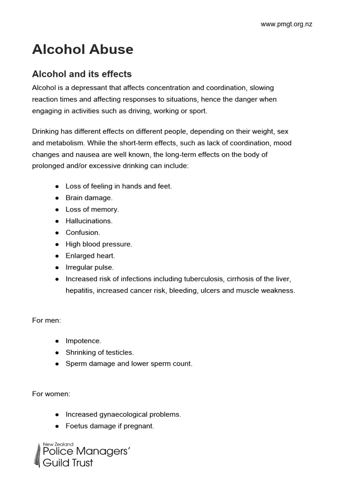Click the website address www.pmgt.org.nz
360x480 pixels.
286,25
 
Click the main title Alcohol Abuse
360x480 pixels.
82,50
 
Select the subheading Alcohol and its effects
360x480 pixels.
82,74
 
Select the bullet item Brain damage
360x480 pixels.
89,198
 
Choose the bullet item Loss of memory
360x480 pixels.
92,210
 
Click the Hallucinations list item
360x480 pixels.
89,221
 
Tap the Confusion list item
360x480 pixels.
83,232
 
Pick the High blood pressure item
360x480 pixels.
99,244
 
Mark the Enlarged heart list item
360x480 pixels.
90,255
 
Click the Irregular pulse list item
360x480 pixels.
90,267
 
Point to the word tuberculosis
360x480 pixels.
200,279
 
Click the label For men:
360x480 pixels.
46,320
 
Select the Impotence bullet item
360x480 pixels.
83,341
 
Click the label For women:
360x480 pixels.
51,394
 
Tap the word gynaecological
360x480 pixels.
121,414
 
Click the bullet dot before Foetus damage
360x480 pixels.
57,426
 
